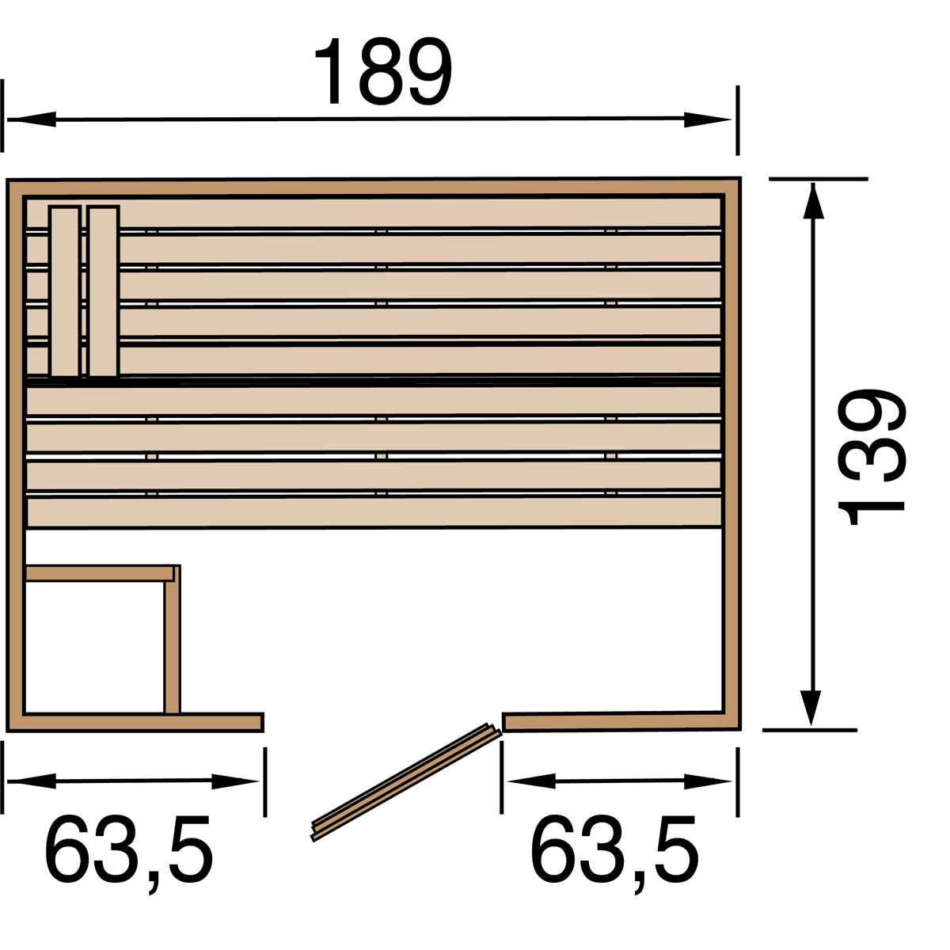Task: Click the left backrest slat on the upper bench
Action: coord(65,291)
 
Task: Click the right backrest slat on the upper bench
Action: coord(103,291)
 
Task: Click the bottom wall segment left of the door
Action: coord(142,722)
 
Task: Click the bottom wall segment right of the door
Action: coord(617,721)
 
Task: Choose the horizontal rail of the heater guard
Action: coord(99,573)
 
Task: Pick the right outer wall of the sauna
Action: coord(733,451)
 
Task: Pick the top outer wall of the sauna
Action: coord(372,187)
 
